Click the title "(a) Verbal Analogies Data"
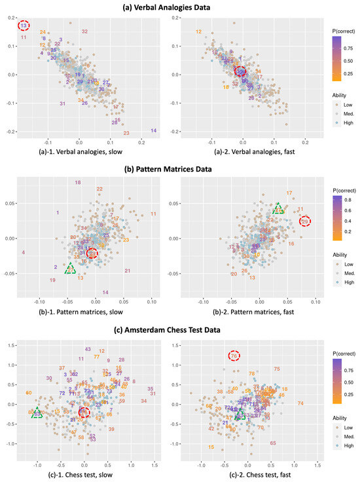179,7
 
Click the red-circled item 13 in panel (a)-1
24,26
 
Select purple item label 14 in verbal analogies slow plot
153,131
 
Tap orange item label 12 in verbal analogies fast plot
198,31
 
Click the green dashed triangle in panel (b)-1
70,269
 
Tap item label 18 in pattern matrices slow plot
78,182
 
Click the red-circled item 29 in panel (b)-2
304,222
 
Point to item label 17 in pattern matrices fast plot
289,193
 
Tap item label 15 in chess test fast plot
211,447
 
